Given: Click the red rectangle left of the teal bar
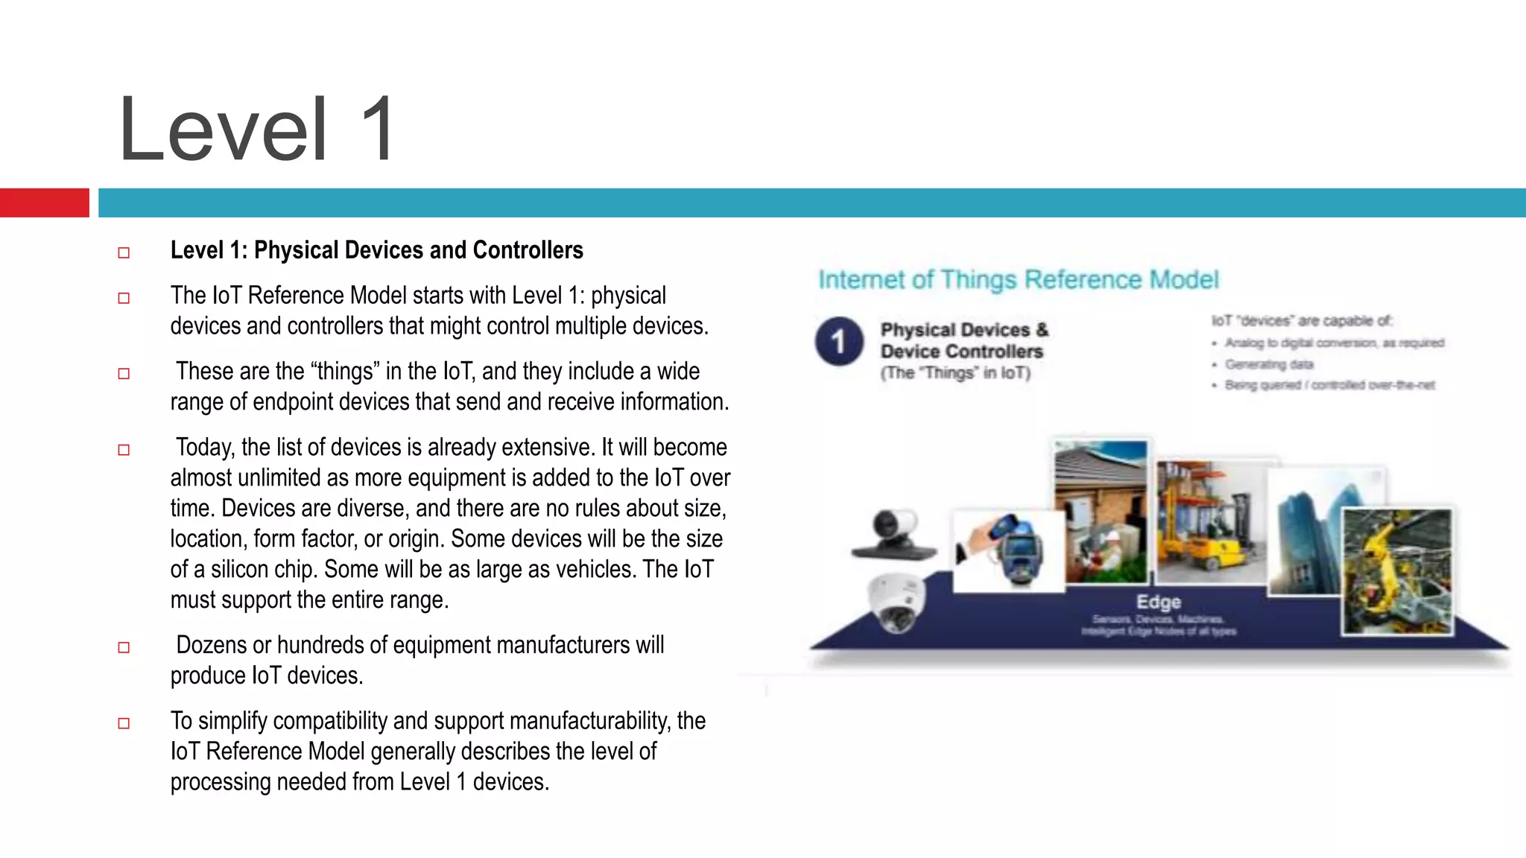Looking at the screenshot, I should click(x=44, y=203).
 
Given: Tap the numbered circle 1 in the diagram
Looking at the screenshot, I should click(x=838, y=342).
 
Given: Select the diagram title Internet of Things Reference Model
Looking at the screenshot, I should click(x=1018, y=280).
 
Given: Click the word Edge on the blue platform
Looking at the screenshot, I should click(x=1158, y=602).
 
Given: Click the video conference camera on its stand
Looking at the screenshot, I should click(x=894, y=534).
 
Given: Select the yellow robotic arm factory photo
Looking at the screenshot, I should click(x=1397, y=572).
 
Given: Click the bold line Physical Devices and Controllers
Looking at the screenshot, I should click(x=376, y=250).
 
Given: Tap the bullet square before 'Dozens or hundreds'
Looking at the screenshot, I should click(x=124, y=647).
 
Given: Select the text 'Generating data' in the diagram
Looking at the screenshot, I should click(x=1269, y=364).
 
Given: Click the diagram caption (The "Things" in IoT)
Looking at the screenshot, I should click(x=955, y=373).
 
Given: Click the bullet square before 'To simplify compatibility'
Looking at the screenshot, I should click(x=124, y=723).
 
